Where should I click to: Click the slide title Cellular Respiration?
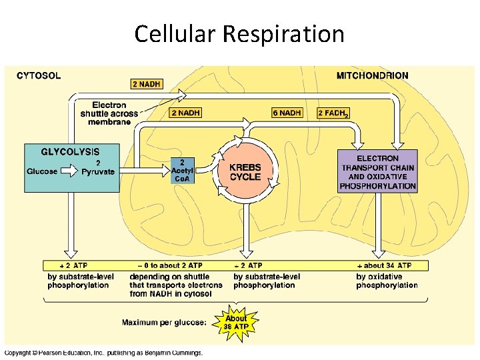point(239,33)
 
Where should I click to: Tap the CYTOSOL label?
point(39,75)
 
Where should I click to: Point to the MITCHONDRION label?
point(373,75)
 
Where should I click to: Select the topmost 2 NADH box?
point(147,84)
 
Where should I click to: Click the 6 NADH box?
point(287,113)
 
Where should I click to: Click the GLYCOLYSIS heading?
point(71,152)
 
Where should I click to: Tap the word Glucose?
point(42,171)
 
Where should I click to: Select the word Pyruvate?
point(98,171)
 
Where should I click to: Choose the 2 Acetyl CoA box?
point(182,170)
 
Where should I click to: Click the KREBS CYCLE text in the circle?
point(245,172)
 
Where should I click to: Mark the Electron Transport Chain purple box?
point(378,172)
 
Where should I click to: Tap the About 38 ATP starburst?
point(236,322)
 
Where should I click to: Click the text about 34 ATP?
point(387,265)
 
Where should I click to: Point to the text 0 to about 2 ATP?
point(163,265)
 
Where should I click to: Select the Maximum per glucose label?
point(164,323)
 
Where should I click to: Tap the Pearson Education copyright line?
point(103,353)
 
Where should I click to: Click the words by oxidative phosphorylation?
point(387,281)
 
